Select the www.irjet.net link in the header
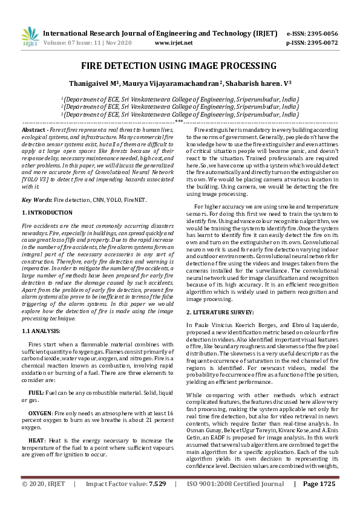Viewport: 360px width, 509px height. pyautogui.click(x=174, y=43)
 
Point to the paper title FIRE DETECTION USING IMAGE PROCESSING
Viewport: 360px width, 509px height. pyautogui.click(x=180, y=65)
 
